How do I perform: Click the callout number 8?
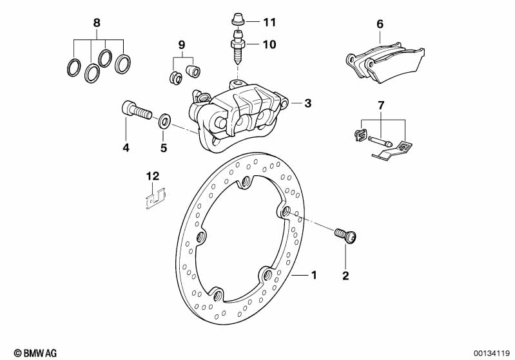(x=97, y=23)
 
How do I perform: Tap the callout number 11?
(x=269, y=23)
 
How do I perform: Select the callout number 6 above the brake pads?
(x=380, y=24)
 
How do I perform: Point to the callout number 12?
(x=153, y=176)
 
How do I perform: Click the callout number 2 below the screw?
(x=345, y=276)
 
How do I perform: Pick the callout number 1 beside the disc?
(x=314, y=275)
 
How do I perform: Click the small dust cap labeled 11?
(x=238, y=19)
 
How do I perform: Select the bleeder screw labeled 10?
(x=238, y=48)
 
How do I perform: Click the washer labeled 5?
(x=164, y=121)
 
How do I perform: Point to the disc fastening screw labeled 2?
(x=345, y=236)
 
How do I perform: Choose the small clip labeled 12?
(x=155, y=199)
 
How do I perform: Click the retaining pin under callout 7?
(x=380, y=141)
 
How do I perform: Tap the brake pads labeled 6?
(x=385, y=62)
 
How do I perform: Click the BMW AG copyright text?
(x=35, y=353)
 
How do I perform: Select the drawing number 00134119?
(x=491, y=353)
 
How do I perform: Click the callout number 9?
(x=182, y=45)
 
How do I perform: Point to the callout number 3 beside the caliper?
(x=307, y=104)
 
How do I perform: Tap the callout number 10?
(x=269, y=44)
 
